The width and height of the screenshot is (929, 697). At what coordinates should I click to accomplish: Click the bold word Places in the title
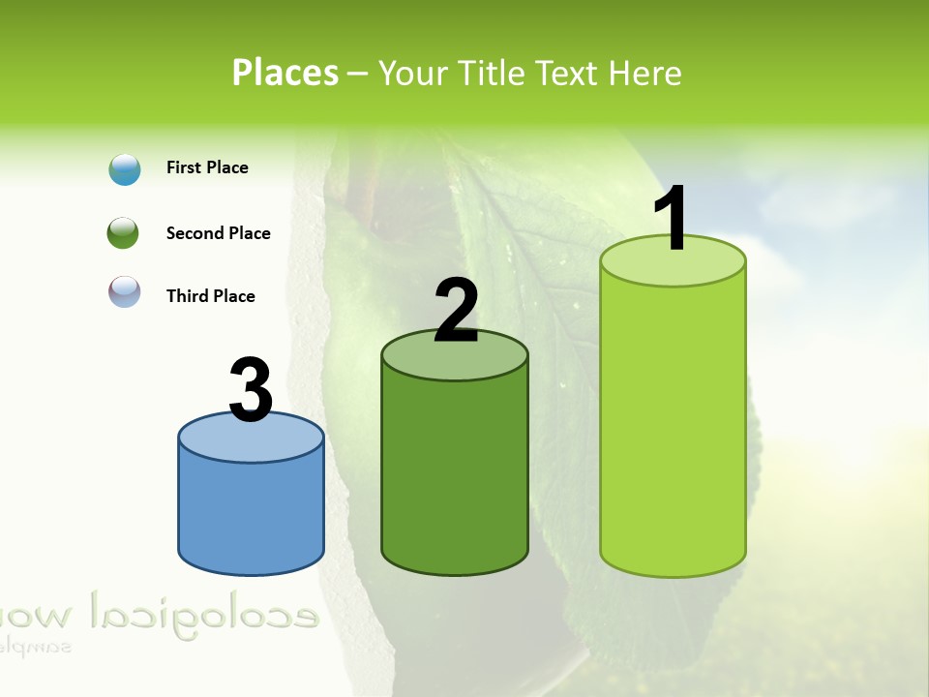pos(285,73)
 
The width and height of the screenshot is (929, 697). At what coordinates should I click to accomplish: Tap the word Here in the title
pos(645,73)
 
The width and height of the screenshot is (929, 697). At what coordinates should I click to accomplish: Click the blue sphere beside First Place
pos(125,169)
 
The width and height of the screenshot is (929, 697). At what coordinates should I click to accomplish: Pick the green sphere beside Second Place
pos(123,233)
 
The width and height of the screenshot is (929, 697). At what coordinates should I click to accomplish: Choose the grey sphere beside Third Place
pos(125,291)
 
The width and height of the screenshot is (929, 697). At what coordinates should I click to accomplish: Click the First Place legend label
pos(207,167)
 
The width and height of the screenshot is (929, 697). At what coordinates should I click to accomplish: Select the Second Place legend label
pos(218,233)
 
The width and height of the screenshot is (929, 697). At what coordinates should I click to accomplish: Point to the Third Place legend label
pos(210,296)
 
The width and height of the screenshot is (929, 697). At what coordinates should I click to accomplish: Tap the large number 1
pos(671,219)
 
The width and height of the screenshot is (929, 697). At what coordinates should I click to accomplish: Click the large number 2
pos(456,311)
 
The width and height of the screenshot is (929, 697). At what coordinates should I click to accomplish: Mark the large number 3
pos(251,389)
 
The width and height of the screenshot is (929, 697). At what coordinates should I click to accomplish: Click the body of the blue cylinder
pos(251,513)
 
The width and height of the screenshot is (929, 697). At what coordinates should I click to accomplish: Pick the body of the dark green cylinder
pos(455,474)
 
